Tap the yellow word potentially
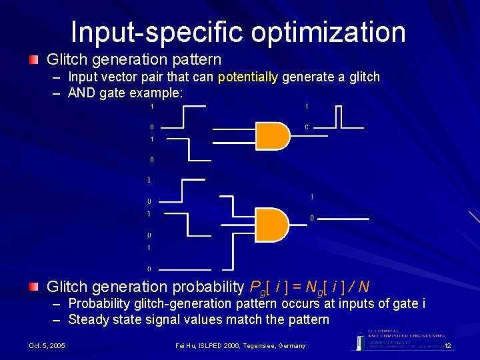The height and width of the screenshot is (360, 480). pos(247,77)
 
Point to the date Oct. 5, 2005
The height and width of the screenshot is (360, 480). pos(47,345)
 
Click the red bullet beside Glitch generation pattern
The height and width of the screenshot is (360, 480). pos(33,60)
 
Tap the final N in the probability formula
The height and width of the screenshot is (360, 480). pos(363,287)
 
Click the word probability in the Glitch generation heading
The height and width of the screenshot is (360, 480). pos(206,287)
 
